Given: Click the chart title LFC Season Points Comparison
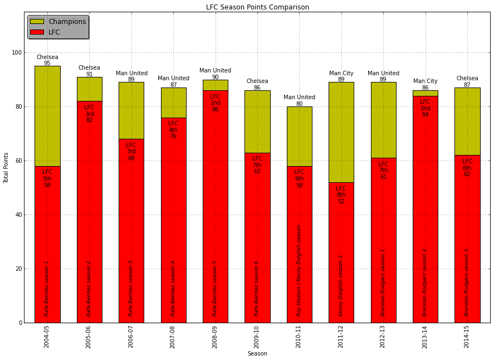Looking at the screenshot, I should click(x=257, y=7).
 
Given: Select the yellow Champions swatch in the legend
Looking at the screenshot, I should click(x=37, y=22).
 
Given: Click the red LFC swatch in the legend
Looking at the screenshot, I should click(x=37, y=32).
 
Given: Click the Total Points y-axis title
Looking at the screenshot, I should click(x=7, y=168).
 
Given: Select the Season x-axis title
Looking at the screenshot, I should click(x=257, y=353).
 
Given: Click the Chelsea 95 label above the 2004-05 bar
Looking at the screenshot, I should click(x=47, y=60).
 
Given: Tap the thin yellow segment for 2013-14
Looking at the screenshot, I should click(x=425, y=93).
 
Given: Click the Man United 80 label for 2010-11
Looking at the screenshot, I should click(x=299, y=100).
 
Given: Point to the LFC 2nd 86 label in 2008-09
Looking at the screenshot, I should click(x=215, y=103).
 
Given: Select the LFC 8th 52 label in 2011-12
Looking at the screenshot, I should click(x=341, y=195).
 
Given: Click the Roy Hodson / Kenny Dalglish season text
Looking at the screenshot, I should click(x=299, y=270).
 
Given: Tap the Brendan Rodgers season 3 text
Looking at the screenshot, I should click(x=467, y=283).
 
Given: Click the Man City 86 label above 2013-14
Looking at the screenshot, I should click(x=425, y=84).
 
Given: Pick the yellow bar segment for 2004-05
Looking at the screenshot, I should click(x=47, y=116).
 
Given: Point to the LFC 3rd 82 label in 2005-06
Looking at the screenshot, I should click(x=89, y=114).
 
